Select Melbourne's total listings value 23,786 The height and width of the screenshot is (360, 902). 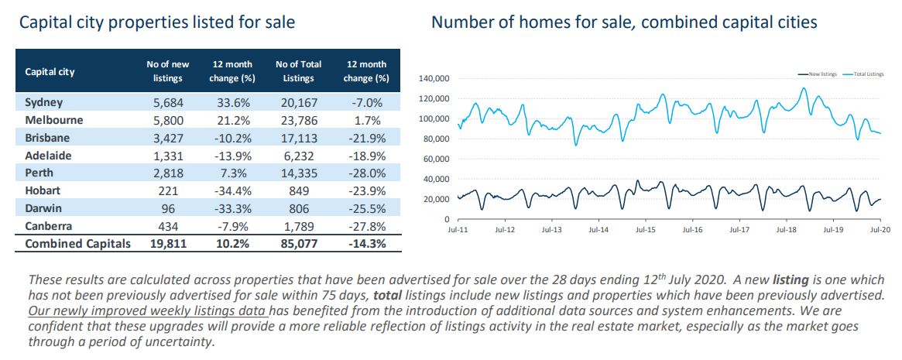[x=298, y=120]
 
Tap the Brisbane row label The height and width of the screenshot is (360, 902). [x=47, y=138]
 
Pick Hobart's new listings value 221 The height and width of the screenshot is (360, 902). [x=167, y=190]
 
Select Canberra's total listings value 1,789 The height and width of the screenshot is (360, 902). [x=298, y=226]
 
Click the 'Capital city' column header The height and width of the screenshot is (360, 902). [x=50, y=72]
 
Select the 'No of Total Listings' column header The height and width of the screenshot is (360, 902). [x=298, y=71]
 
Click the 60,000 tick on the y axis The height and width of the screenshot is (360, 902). [x=436, y=159]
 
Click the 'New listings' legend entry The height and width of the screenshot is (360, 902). [x=817, y=74]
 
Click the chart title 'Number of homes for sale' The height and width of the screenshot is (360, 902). [x=624, y=22]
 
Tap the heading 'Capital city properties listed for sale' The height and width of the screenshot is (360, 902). [x=157, y=22]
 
